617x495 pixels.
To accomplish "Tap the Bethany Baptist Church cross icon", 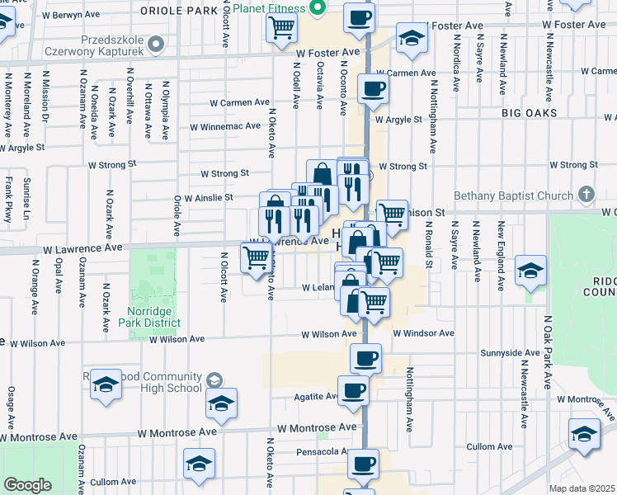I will tap(586, 196).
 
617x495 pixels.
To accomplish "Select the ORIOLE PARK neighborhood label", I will tap(178, 10).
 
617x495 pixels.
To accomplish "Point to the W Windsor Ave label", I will tap(423, 333).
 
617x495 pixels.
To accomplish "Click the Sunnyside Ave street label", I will tap(511, 352).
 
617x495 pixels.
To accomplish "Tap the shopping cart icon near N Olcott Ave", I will tap(256, 258).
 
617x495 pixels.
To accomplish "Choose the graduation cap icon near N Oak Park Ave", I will tap(530, 270).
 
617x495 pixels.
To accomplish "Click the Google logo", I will tap(27, 485).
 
